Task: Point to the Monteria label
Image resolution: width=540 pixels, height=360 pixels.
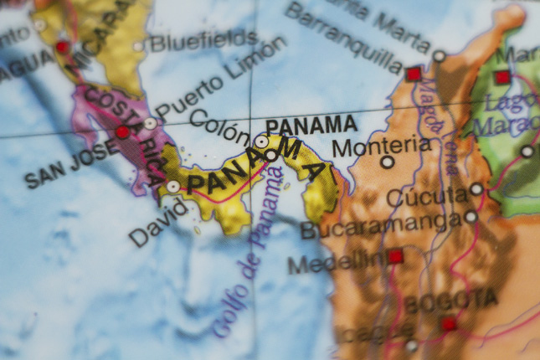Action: [382, 146]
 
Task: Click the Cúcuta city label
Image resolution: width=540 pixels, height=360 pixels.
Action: [428, 198]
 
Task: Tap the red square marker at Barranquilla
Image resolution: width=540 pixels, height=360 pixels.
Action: [413, 74]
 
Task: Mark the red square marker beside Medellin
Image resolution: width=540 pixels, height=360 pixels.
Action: [395, 256]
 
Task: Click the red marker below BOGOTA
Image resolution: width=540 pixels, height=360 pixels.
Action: [450, 323]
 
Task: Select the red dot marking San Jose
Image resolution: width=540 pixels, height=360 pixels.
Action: [122, 132]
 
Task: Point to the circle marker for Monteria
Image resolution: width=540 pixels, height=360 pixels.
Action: [387, 162]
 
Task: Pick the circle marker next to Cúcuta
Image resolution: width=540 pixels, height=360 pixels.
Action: [476, 189]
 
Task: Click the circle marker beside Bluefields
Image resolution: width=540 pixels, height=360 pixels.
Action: [138, 46]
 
